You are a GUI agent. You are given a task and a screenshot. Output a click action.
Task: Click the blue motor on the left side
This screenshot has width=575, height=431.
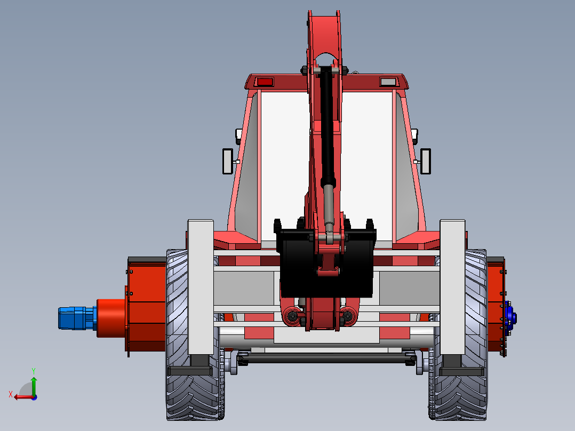pos(77,318)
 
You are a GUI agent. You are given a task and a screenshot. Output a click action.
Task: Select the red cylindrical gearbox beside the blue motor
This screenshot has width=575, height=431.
pos(111,318)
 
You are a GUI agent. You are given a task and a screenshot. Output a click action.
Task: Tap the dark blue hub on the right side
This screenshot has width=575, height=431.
pos(510,318)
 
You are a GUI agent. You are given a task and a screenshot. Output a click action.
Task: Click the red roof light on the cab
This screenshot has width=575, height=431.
pos(265,82)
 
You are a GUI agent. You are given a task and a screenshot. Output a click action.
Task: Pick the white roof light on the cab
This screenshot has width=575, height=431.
pos(388,82)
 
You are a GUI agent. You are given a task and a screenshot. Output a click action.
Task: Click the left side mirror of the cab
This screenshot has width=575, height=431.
pos(228,161)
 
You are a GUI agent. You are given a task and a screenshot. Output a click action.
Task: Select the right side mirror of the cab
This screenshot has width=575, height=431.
pos(426,161)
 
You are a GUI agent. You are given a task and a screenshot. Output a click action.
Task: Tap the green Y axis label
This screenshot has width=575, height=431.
pos(34,371)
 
